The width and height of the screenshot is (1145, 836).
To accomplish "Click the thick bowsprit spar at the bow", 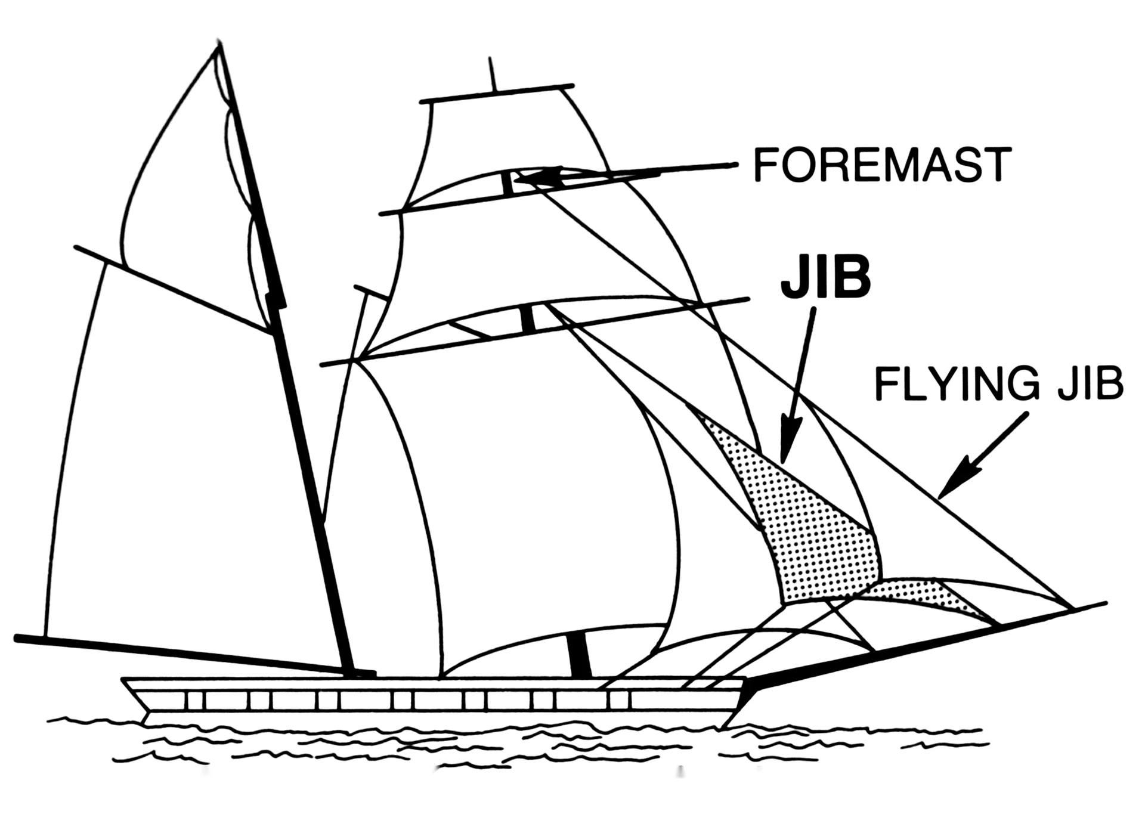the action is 924,646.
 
